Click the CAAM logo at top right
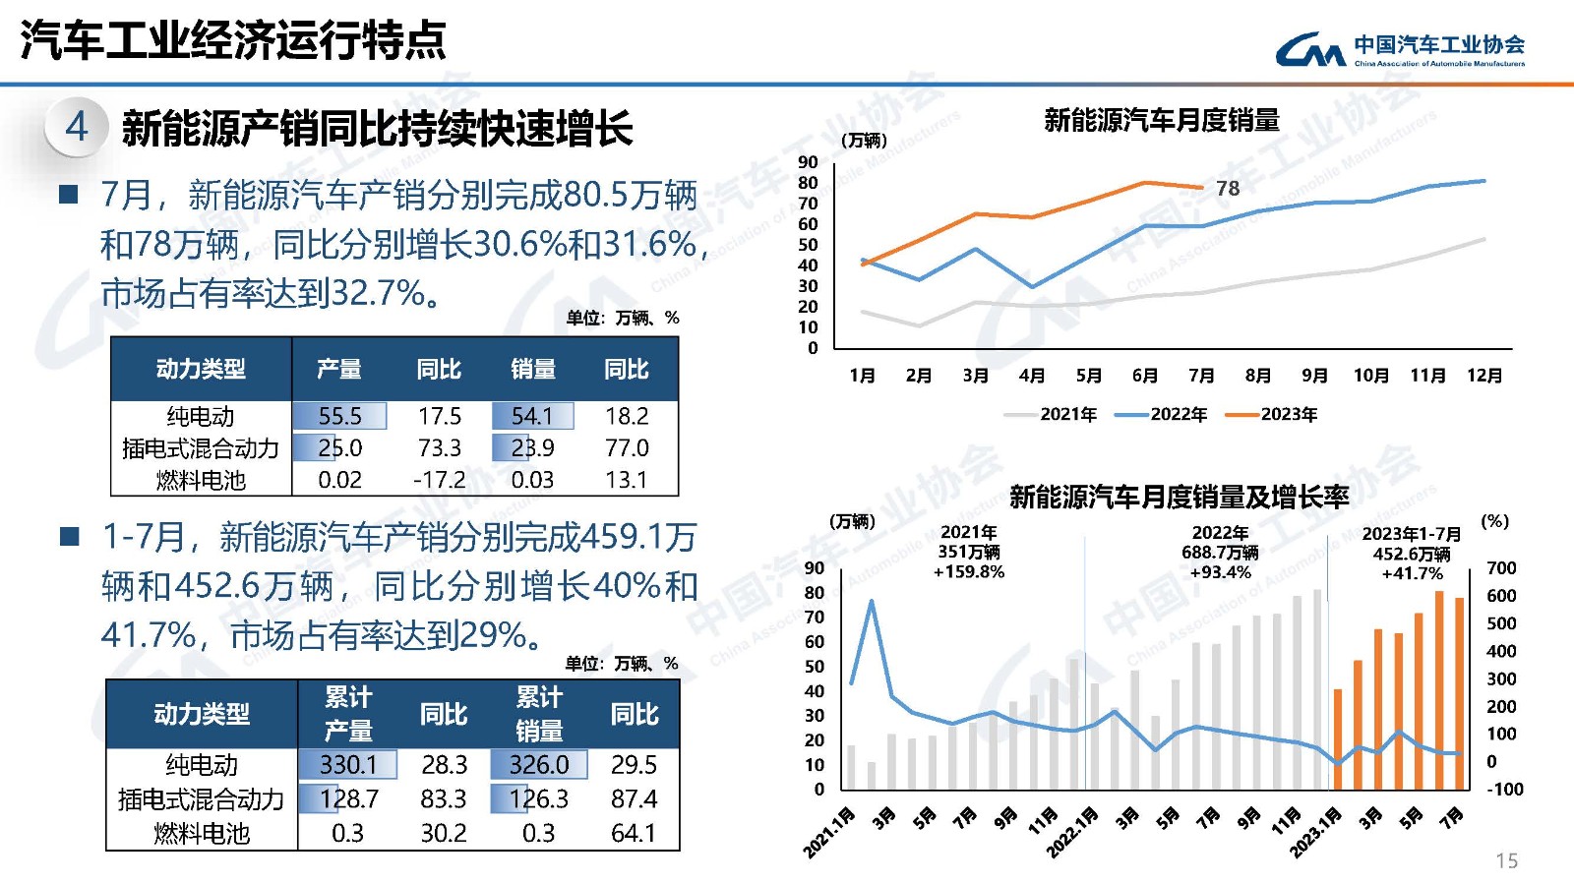pyautogui.click(x=1399, y=49)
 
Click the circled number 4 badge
pyautogui.click(x=76, y=127)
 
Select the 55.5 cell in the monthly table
pyautogui.click(x=339, y=416)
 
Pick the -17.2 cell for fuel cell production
pyautogui.click(x=439, y=480)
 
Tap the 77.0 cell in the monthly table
pyautogui.click(x=627, y=448)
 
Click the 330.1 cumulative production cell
pyautogui.click(x=348, y=765)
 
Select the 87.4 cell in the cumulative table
pyautogui.click(x=634, y=798)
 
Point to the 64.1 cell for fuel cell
pyautogui.click(x=633, y=833)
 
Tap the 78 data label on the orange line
pyautogui.click(x=1228, y=188)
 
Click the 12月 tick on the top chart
pyautogui.click(x=1483, y=376)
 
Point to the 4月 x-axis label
pyautogui.click(x=1031, y=376)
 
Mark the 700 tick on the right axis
pyautogui.click(x=1501, y=568)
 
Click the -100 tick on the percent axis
pyautogui.click(x=1504, y=789)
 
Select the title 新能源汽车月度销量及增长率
pyautogui.click(x=1179, y=498)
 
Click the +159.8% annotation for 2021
pyautogui.click(x=969, y=572)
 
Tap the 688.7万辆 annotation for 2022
pyautogui.click(x=1220, y=553)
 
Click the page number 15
pyautogui.click(x=1506, y=861)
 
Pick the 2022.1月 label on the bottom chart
pyautogui.click(x=1071, y=832)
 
